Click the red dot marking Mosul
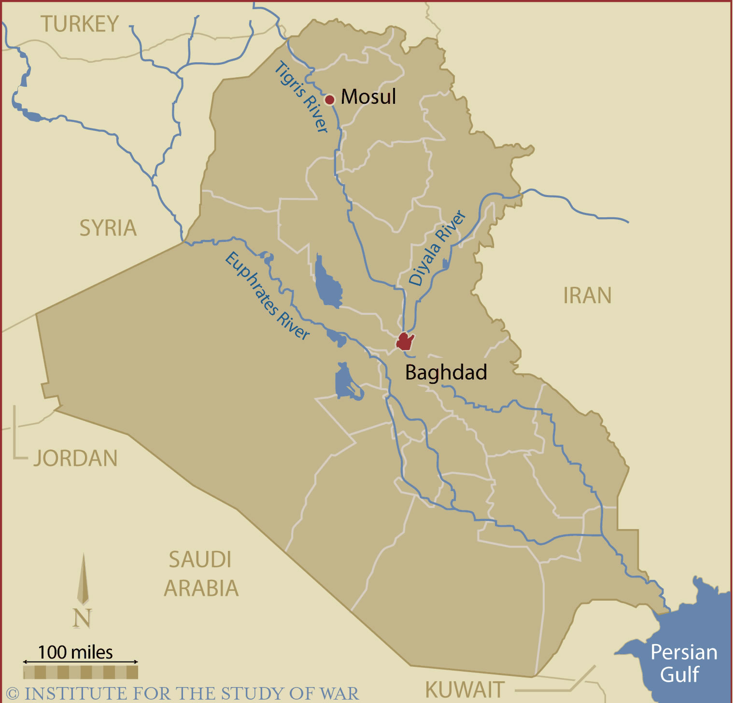tap(330, 100)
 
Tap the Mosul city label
tap(368, 97)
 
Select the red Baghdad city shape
tap(405, 341)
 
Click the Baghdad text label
tap(446, 372)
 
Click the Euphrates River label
tap(268, 296)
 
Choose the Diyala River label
tap(437, 248)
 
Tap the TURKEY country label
tap(80, 24)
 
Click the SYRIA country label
tap(108, 228)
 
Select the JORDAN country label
tap(76, 459)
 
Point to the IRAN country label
tap(587, 295)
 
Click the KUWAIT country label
tap(465, 690)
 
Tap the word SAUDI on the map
tap(200, 560)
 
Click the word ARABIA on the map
tap(201, 589)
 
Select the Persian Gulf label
tap(683, 663)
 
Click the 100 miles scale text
tap(76, 652)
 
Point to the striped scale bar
tap(81, 672)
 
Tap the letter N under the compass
tap(82, 618)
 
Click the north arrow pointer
tap(84, 579)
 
